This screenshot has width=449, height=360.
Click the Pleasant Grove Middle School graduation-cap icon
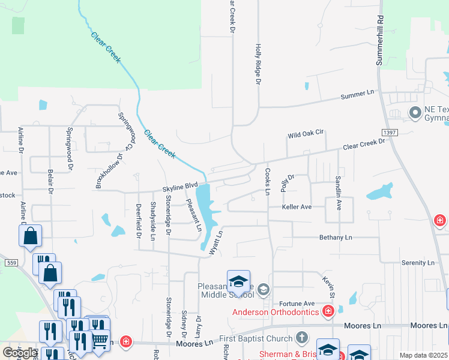pos(238,280)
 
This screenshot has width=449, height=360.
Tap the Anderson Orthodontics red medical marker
pos(328,311)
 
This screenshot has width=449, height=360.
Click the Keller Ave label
pos(297,206)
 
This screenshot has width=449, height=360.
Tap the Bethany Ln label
pos(336,238)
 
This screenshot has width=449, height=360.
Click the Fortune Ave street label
pos(297,304)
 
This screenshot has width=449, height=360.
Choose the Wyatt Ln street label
pos(216,242)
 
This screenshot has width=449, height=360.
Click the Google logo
pos(20,353)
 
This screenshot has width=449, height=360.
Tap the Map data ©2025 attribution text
pos(423,355)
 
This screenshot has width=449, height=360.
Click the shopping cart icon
pos(100,340)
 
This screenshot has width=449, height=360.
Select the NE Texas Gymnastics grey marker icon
pos(415,112)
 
